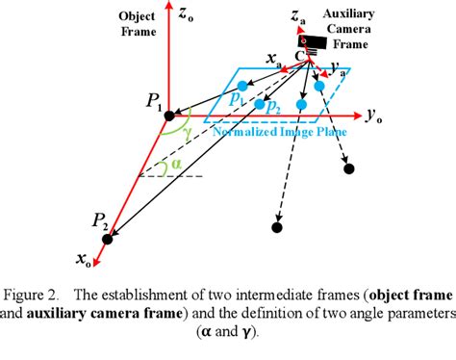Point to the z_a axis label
tap(302, 17)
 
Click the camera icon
tap(317, 42)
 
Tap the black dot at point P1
tap(169, 116)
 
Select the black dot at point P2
tap(108, 237)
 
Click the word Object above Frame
tap(137, 17)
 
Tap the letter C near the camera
tap(301, 56)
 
